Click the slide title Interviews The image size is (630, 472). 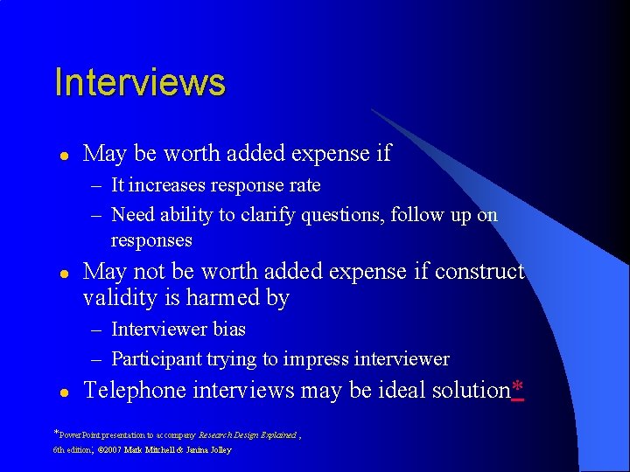click(139, 82)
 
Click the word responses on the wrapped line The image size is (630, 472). click(151, 240)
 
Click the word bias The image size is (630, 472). click(228, 330)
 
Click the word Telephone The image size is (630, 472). click(135, 390)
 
